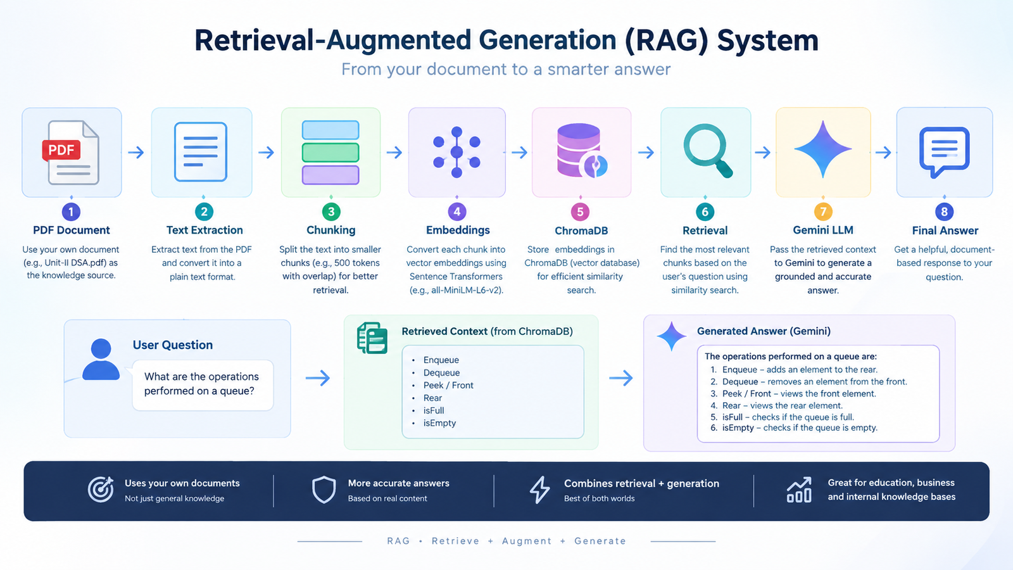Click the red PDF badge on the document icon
pyautogui.click(x=61, y=150)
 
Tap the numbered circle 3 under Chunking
pyautogui.click(x=331, y=212)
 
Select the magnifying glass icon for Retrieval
pyautogui.click(x=707, y=151)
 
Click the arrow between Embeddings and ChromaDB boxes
pyautogui.click(x=520, y=152)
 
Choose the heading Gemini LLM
pyautogui.click(x=823, y=231)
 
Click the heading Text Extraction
pyautogui.click(x=204, y=231)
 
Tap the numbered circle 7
pyautogui.click(x=823, y=212)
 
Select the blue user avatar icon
pyautogui.click(x=101, y=359)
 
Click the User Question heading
pyautogui.click(x=173, y=345)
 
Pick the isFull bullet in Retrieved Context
pyautogui.click(x=433, y=410)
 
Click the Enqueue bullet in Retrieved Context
pyautogui.click(x=441, y=360)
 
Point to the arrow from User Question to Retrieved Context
pyautogui.click(x=318, y=377)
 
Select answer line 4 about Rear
pyautogui.click(x=776, y=405)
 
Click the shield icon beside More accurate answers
pyautogui.click(x=324, y=490)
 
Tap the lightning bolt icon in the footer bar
pyautogui.click(x=539, y=490)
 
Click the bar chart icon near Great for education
pyautogui.click(x=799, y=490)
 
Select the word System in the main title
pyautogui.click(x=768, y=41)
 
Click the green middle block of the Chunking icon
pyautogui.click(x=330, y=153)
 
